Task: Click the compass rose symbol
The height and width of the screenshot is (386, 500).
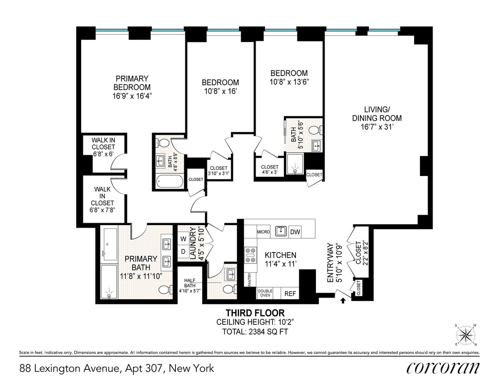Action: point(465,335)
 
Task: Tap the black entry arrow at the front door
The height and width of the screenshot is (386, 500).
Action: point(343,301)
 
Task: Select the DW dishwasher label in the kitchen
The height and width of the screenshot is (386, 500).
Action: point(295,232)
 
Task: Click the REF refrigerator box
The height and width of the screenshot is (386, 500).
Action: point(290,294)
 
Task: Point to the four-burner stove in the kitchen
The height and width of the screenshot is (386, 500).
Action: point(250,255)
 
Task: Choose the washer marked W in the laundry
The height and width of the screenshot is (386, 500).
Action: point(183,239)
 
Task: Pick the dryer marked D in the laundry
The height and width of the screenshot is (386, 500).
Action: point(183,251)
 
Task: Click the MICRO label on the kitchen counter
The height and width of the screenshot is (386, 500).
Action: point(263,232)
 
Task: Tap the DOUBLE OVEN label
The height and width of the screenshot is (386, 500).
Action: point(265,293)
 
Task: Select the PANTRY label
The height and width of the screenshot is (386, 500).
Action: point(250,280)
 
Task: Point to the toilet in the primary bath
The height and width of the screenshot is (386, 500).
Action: point(166,290)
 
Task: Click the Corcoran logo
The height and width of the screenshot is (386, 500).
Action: point(443,368)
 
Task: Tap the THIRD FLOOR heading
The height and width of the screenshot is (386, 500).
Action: point(255,313)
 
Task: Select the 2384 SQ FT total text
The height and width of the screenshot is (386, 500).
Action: point(268,332)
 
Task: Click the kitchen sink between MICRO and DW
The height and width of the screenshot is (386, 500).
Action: point(281,231)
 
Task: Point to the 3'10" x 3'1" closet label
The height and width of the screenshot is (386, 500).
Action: point(219,173)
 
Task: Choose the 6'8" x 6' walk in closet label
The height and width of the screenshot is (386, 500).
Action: point(103,154)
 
